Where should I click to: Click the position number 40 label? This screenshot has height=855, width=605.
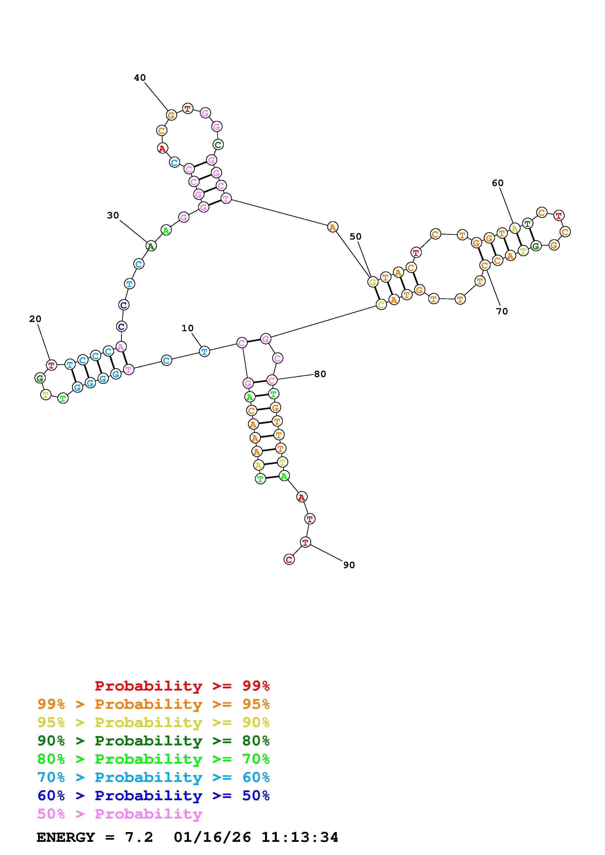tap(140, 78)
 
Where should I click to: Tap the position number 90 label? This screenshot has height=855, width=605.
tap(349, 565)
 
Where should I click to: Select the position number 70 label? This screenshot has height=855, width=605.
tap(502, 311)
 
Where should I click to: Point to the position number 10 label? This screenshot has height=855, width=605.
tap(187, 328)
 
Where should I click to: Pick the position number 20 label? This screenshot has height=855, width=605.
tap(35, 319)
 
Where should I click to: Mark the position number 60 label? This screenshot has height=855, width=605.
tap(498, 183)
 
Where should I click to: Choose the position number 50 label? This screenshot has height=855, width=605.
tap(356, 236)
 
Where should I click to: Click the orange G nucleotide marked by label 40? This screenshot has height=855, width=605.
tap(171, 115)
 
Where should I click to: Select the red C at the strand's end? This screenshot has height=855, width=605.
tap(289, 559)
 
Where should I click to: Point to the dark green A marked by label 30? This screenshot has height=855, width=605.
tap(151, 246)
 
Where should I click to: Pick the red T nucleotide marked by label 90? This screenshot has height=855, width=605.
tap(306, 542)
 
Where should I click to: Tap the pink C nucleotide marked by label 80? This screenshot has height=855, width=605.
tap(272, 380)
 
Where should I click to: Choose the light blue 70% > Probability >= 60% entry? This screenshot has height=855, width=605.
tap(154, 777)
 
